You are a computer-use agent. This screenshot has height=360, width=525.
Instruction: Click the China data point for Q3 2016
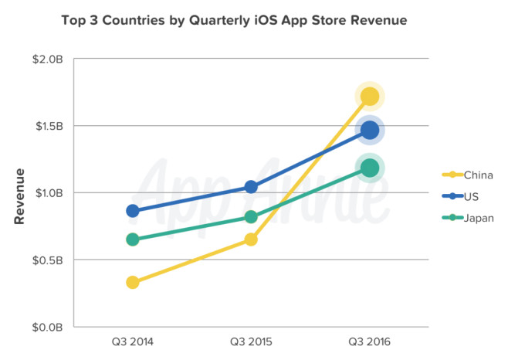369,97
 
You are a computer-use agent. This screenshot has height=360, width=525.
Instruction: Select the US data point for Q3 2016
369,130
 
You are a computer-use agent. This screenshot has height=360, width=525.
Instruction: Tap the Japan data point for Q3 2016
369,168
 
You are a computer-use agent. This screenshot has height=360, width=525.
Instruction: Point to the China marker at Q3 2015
251,239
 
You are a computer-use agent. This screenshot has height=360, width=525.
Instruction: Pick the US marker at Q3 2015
251,187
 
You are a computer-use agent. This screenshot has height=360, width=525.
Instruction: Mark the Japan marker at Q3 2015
251,217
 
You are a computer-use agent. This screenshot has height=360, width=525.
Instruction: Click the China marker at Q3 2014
133,282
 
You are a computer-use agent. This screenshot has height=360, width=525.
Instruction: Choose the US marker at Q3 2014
133,211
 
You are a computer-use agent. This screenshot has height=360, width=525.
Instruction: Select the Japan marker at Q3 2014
133,239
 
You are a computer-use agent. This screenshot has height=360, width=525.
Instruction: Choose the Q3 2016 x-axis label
369,341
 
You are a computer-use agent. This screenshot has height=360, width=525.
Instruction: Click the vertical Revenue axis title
20,196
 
